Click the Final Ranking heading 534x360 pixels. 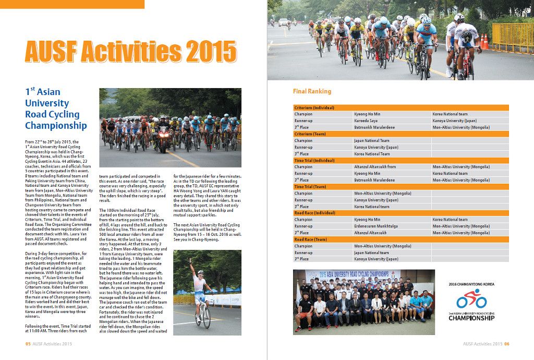(x=312, y=91)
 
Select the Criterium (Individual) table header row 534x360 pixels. (x=401, y=107)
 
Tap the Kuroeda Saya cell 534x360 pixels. (x=366, y=121)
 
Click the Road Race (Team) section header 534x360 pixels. (x=401, y=239)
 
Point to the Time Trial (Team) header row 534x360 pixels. (x=401, y=186)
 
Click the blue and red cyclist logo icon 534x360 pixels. (x=471, y=300)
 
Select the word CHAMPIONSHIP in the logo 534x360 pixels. (x=471, y=318)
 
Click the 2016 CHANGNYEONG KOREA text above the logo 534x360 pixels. (x=471, y=284)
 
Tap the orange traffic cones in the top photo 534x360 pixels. (x=485, y=42)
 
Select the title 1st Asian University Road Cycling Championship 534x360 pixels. (x=55, y=109)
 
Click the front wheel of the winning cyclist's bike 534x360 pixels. (x=207, y=320)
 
